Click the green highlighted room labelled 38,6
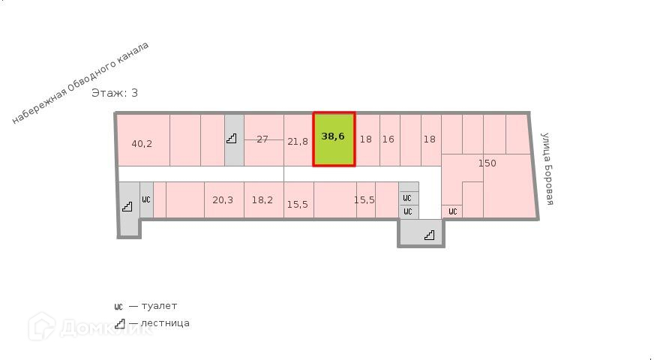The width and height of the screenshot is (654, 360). click(x=334, y=139)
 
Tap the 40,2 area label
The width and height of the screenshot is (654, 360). click(x=142, y=143)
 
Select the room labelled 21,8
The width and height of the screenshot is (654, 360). click(x=298, y=141)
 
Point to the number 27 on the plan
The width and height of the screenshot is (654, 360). click(x=262, y=139)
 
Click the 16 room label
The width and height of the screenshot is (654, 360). click(x=388, y=139)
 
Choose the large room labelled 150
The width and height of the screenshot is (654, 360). click(x=487, y=163)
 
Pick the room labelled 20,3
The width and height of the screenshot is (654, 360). click(x=223, y=199)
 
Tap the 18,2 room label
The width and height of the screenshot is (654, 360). click(x=262, y=199)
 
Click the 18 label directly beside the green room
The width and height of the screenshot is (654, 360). click(x=365, y=139)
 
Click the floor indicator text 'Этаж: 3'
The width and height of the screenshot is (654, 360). click(x=115, y=93)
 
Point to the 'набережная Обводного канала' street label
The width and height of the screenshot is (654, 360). click(x=80, y=82)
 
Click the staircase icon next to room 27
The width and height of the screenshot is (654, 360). click(x=233, y=138)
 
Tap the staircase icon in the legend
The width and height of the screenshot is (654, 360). click(x=119, y=323)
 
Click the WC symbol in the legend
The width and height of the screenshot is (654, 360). click(x=118, y=306)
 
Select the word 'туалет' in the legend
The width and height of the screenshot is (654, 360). click(x=159, y=306)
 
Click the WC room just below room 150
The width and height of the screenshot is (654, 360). click(x=452, y=211)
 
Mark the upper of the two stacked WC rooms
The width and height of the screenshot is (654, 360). click(x=408, y=198)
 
